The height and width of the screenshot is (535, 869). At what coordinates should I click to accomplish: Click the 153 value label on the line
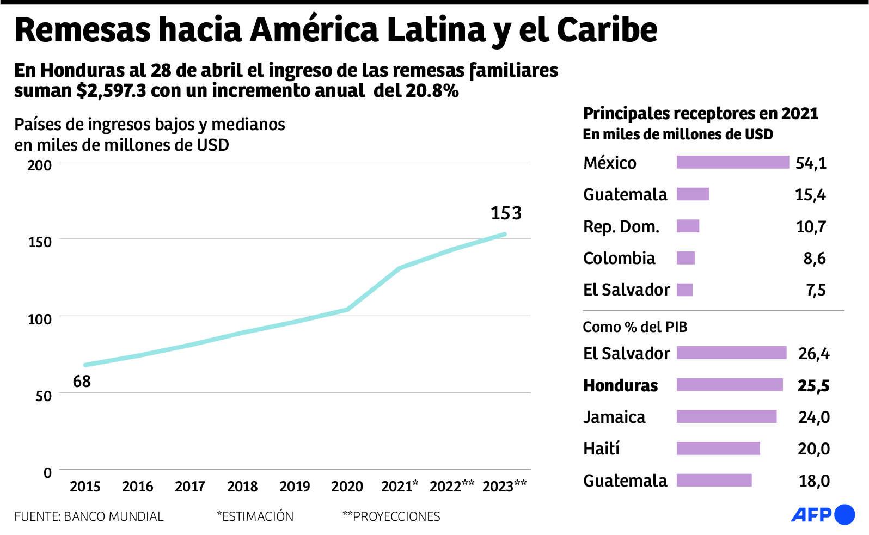pos(506,213)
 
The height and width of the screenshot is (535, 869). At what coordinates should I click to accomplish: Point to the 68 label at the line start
pos(82,382)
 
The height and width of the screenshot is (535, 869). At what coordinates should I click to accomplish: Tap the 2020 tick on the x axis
pos(347,486)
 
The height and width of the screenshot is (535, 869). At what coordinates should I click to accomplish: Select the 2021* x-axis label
pos(400,486)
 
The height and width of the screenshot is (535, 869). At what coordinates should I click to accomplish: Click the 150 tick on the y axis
pos(40,242)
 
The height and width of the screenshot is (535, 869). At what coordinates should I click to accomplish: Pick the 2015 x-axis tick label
pos(85,486)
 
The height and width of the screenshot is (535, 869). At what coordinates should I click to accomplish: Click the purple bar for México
pos(732,162)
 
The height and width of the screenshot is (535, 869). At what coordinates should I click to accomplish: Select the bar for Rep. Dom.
pos(688,226)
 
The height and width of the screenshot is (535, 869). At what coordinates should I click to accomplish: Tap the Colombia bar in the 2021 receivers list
pos(686,258)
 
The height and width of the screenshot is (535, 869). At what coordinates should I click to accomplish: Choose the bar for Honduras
pos(730,385)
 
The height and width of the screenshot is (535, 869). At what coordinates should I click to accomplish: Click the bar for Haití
pos(718,448)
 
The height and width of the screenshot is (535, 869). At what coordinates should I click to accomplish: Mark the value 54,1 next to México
pos(811,163)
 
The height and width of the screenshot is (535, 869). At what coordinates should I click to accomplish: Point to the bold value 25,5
pos(813,385)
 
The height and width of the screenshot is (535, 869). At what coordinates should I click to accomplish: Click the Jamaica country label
pos(614,417)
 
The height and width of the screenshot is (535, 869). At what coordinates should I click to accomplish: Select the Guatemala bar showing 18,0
pos(714,480)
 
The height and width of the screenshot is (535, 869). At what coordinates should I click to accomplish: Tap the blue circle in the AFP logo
pos(844,514)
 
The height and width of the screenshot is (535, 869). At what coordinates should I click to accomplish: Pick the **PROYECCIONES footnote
pos(391,516)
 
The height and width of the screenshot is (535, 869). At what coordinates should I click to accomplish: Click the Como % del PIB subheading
pos(635,327)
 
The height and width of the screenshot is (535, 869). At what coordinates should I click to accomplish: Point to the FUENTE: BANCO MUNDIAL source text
pos(89,516)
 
